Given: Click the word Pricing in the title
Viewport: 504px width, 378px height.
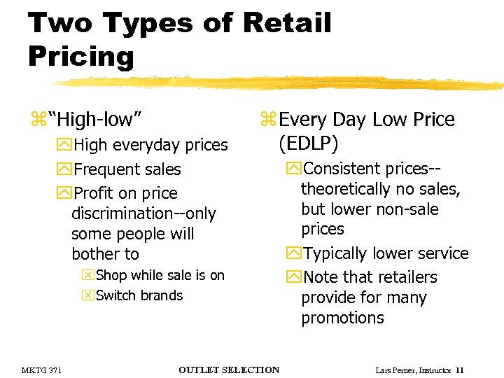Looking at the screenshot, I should pos(80,56).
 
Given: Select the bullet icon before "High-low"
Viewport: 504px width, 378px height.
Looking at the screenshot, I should pos(37,120).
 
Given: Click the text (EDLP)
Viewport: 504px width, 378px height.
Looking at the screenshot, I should pos(308,143).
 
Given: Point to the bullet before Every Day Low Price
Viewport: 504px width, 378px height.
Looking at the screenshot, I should pos(269,120).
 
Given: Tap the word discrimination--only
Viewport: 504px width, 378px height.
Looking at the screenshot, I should pos(143,213).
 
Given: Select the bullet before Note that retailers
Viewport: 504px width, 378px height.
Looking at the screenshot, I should pos(293,277).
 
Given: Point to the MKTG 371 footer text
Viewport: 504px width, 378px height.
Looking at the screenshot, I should pos(41,370).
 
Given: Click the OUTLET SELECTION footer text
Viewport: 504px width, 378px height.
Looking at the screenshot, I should pos(229,370).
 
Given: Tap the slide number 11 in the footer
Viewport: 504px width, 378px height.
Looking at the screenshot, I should pos(459,370).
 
